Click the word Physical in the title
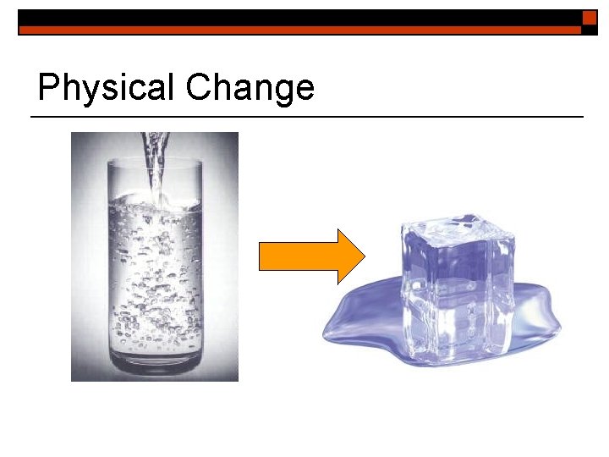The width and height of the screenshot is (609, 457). click(107, 88)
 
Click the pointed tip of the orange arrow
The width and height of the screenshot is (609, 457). click(361, 256)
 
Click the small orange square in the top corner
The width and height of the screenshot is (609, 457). click(590, 17)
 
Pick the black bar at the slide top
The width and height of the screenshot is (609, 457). click(296, 17)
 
